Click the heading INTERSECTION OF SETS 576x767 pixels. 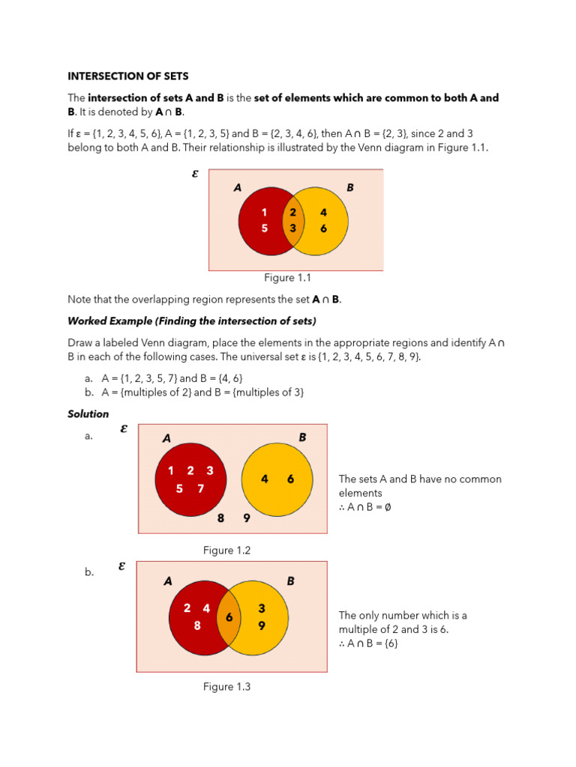point(128,76)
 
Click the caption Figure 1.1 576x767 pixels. point(289,278)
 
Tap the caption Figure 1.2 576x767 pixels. point(226,551)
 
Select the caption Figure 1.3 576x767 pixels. point(226,687)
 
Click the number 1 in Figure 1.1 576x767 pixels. point(264,212)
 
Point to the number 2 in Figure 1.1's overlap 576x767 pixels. point(293,212)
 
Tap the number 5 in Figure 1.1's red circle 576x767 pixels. point(264,228)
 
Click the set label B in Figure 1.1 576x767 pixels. point(349,188)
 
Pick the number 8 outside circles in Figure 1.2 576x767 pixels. point(220,518)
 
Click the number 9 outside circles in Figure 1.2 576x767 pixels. point(246,518)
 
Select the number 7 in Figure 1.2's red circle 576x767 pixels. point(200,489)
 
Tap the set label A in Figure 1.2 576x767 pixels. point(166,438)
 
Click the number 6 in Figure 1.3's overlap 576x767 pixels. point(229,618)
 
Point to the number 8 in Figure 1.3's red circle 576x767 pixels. point(197,625)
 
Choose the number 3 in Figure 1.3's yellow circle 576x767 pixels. point(262,608)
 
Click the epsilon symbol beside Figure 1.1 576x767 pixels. point(196,173)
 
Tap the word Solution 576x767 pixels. point(88,413)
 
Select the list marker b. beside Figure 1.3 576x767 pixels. point(88,572)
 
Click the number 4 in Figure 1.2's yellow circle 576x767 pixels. point(265,479)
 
